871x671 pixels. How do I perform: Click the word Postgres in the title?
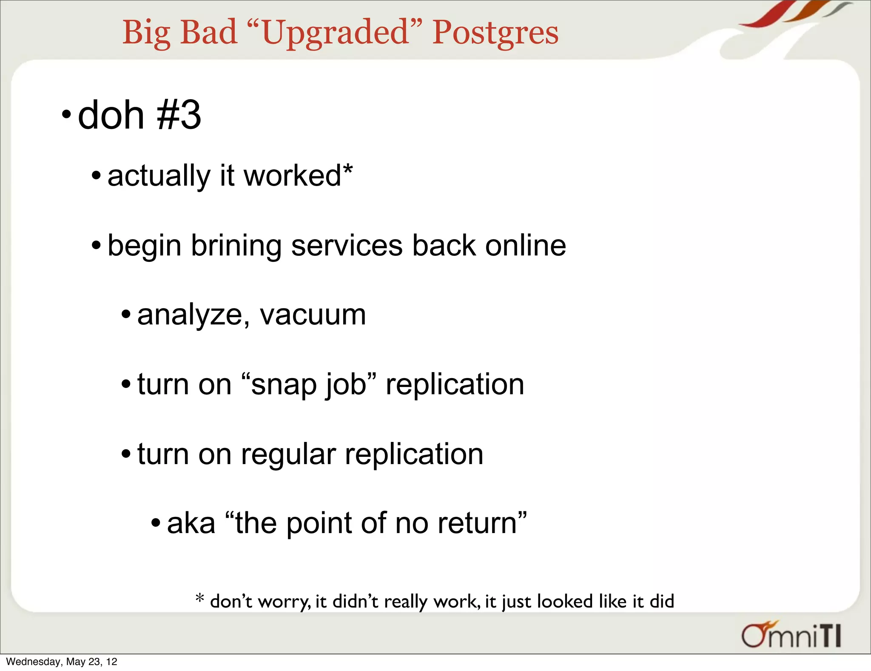coord(495,33)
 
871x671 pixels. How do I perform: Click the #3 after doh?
coord(179,115)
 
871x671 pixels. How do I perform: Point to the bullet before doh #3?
coord(66,115)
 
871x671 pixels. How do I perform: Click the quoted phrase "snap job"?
coord(309,384)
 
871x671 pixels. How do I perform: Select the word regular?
coord(288,454)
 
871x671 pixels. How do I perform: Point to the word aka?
coord(191,523)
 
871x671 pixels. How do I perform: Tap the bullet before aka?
coord(156,523)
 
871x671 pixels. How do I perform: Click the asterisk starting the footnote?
coord(199,598)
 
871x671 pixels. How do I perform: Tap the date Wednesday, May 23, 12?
coord(62,662)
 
